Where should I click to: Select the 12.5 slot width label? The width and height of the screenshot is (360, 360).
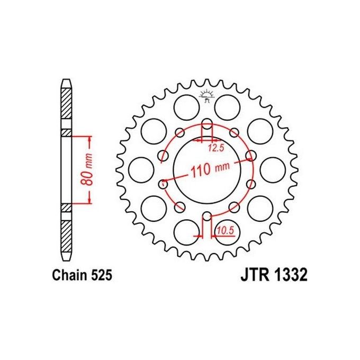pyautogui.click(x=214, y=147)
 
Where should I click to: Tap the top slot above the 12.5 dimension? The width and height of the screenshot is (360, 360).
pyautogui.click(x=206, y=129)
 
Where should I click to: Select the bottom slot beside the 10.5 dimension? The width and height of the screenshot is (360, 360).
pyautogui.click(x=207, y=219)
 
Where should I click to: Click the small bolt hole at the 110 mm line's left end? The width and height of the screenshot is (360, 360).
pyautogui.click(x=163, y=183)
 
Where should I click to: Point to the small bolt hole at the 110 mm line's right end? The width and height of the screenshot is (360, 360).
pyautogui.click(x=250, y=156)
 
